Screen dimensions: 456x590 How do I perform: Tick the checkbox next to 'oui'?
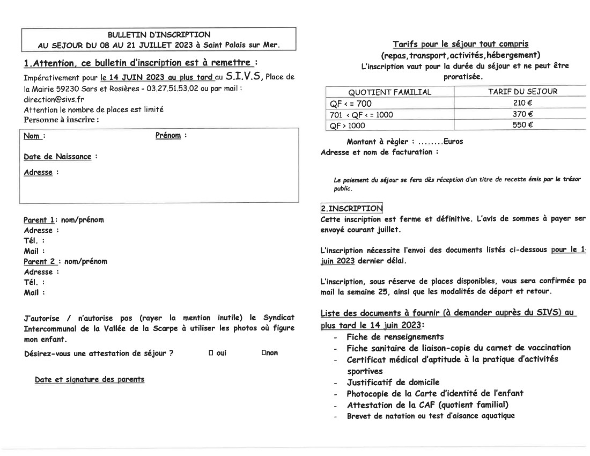(x=211, y=353)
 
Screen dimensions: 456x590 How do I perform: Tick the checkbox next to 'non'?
(x=263, y=353)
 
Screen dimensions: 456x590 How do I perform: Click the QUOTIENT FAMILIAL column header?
(x=389, y=92)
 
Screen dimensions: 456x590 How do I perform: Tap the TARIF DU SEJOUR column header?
(x=522, y=92)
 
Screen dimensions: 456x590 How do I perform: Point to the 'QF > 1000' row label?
(x=347, y=126)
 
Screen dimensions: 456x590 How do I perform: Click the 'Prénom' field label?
(x=168, y=136)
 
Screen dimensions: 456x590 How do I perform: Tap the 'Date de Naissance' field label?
(x=57, y=157)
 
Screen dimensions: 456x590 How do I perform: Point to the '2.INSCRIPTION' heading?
(x=352, y=208)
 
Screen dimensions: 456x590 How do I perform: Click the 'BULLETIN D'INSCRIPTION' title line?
(x=159, y=35)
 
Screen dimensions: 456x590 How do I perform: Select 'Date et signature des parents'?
(x=90, y=379)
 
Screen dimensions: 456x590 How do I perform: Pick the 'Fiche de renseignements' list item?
(x=395, y=337)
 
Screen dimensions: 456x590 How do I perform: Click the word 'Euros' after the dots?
(x=453, y=142)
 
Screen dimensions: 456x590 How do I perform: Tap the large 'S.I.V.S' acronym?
(x=243, y=76)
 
